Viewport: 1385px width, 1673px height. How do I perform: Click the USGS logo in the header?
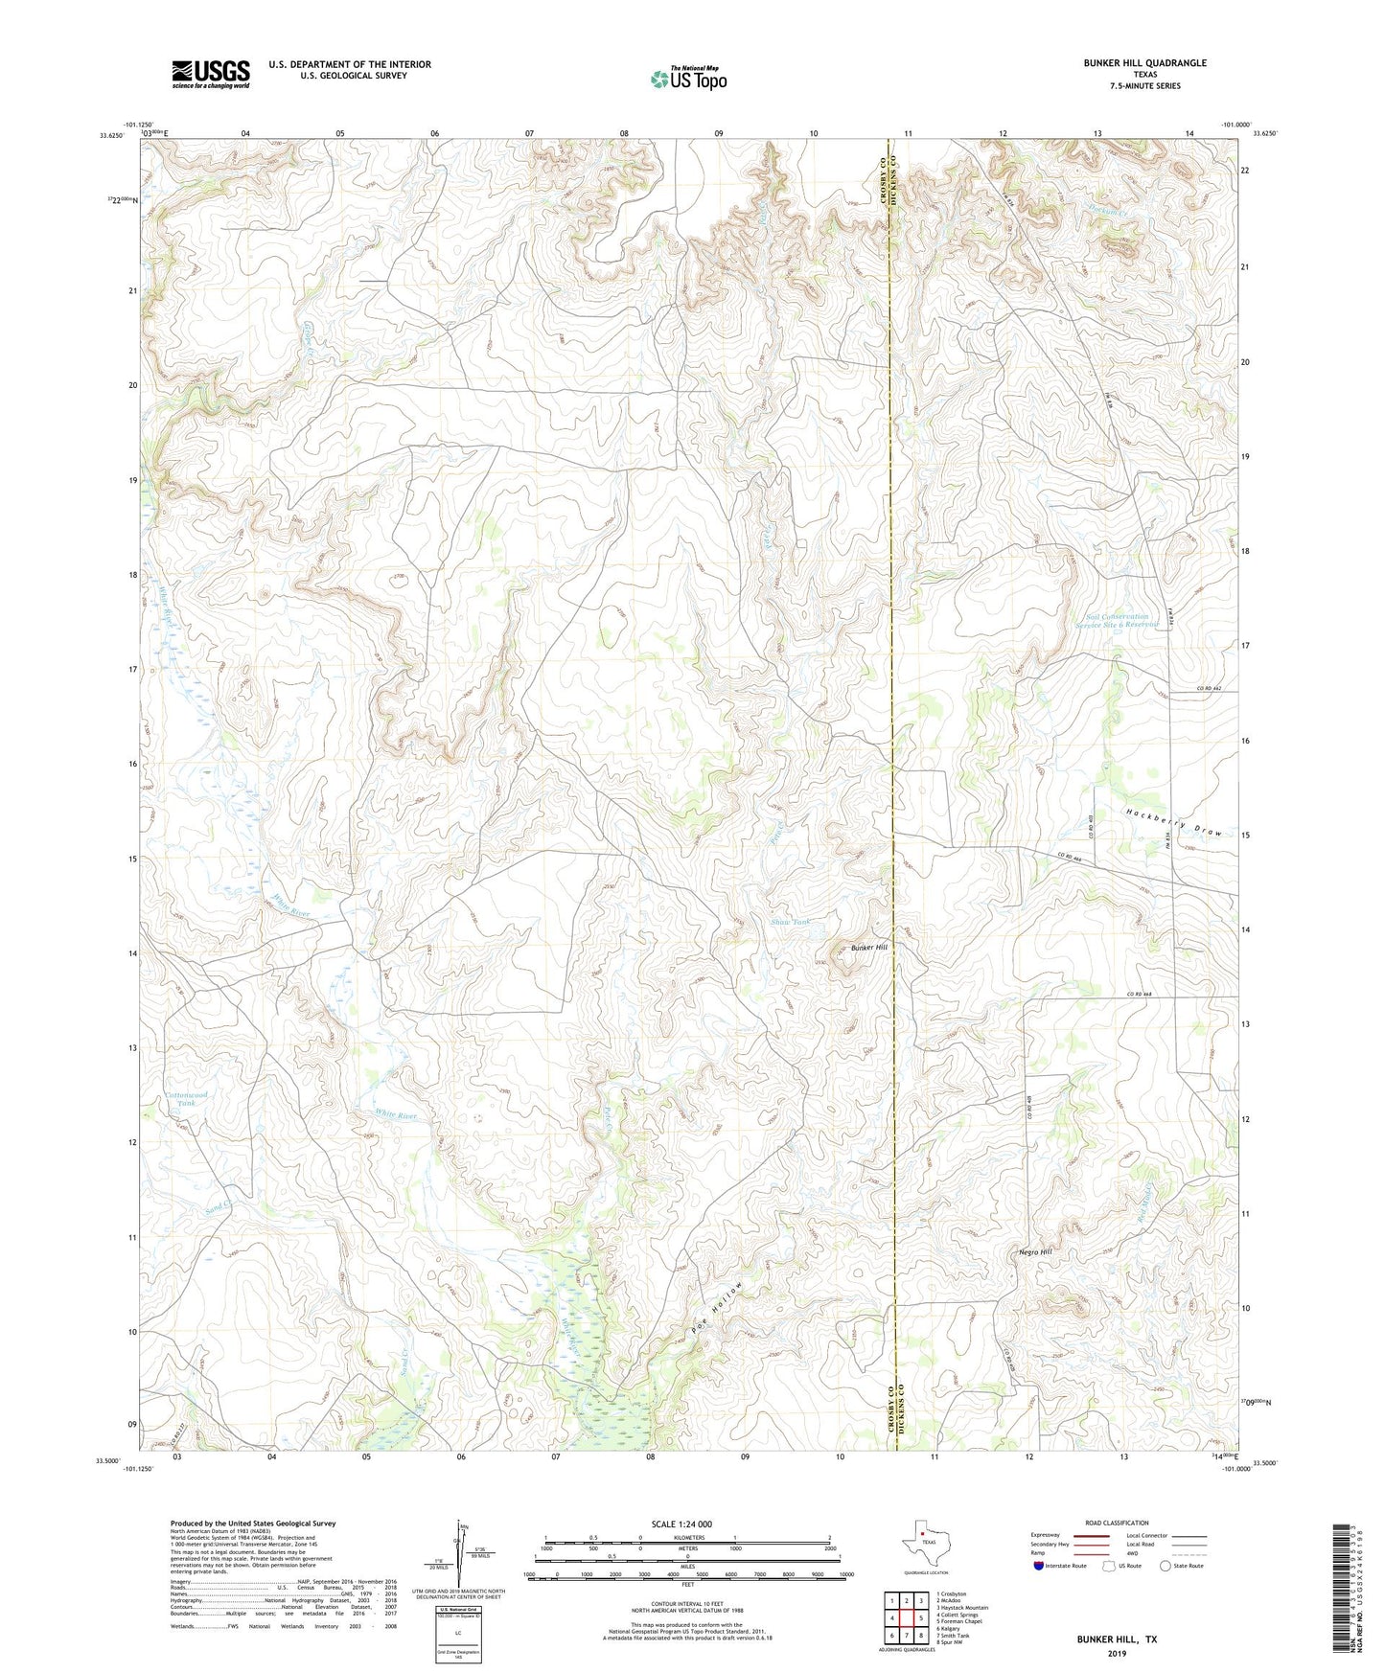coord(210,74)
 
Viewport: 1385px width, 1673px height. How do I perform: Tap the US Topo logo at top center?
coord(688,79)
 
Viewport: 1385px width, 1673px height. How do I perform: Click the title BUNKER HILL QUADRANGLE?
coord(1144,63)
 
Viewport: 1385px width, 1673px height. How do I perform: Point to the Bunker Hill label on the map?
coord(869,947)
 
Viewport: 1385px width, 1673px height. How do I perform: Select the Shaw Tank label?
coord(791,922)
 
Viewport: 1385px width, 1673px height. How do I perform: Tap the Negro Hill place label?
coord(1035,1252)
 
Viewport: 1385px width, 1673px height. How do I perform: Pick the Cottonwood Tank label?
coord(186,1099)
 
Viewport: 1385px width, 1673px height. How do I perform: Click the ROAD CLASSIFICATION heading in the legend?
coord(1117,1523)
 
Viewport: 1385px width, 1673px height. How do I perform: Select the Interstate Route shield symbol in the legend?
coord(1039,1566)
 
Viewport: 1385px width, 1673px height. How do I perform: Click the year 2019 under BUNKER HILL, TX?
coord(1116,1653)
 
